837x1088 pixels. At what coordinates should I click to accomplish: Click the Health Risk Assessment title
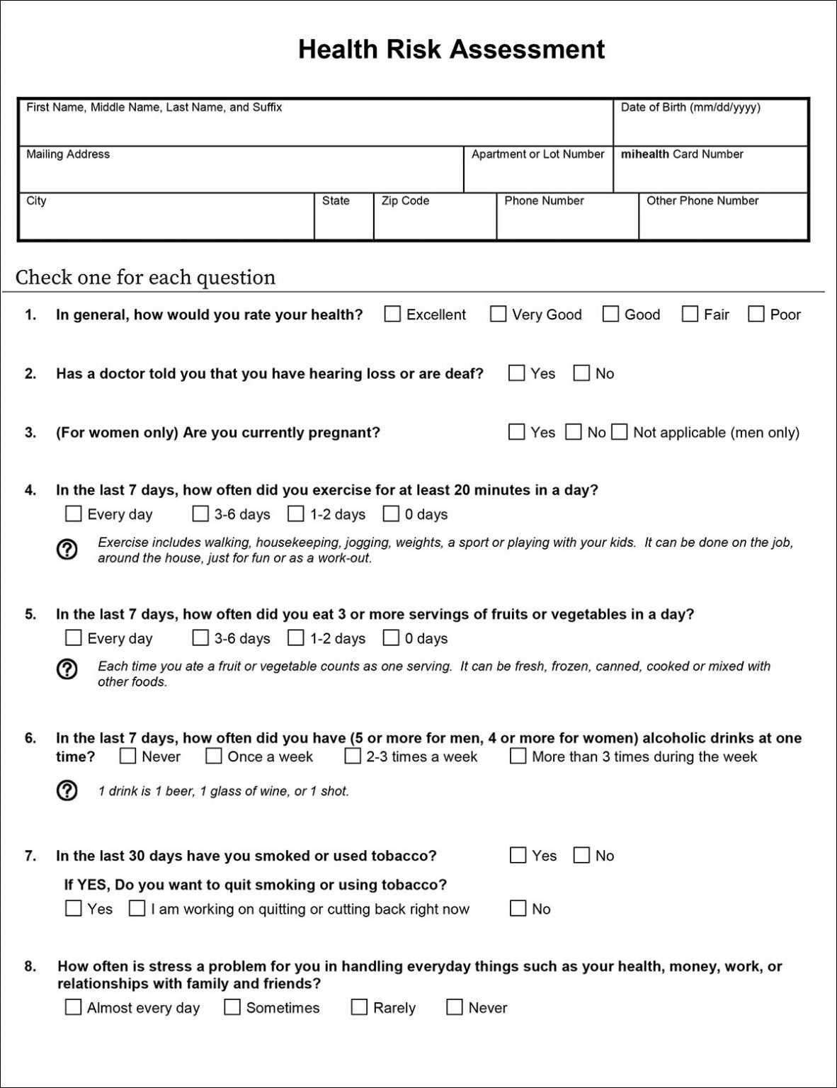(x=451, y=50)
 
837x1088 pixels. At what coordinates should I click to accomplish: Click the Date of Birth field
(x=710, y=127)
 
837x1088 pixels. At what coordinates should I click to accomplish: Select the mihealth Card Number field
(x=710, y=174)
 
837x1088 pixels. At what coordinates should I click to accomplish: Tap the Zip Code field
(x=434, y=221)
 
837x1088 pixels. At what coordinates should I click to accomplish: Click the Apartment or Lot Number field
(x=537, y=174)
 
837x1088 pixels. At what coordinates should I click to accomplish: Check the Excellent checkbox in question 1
(x=392, y=314)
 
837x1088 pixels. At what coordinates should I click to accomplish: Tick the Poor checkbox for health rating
(x=756, y=314)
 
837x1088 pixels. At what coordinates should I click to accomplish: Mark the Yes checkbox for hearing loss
(x=517, y=373)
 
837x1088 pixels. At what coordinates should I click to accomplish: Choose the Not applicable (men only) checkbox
(x=620, y=432)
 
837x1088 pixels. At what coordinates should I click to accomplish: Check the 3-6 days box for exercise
(x=200, y=514)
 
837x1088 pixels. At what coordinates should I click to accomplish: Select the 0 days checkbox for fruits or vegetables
(x=391, y=637)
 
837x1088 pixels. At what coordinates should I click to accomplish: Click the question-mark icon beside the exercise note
(x=67, y=549)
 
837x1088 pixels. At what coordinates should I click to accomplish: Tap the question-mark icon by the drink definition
(x=67, y=790)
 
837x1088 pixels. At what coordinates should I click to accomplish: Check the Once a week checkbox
(x=214, y=756)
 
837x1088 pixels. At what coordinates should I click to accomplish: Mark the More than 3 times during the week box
(x=518, y=756)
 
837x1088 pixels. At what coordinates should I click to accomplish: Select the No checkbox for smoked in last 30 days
(x=581, y=855)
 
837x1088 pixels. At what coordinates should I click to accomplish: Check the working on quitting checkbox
(x=137, y=908)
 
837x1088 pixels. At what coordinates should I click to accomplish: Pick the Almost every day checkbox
(x=73, y=1007)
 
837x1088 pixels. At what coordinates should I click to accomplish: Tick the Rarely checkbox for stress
(x=360, y=1007)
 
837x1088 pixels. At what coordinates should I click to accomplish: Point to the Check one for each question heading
(x=145, y=277)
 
